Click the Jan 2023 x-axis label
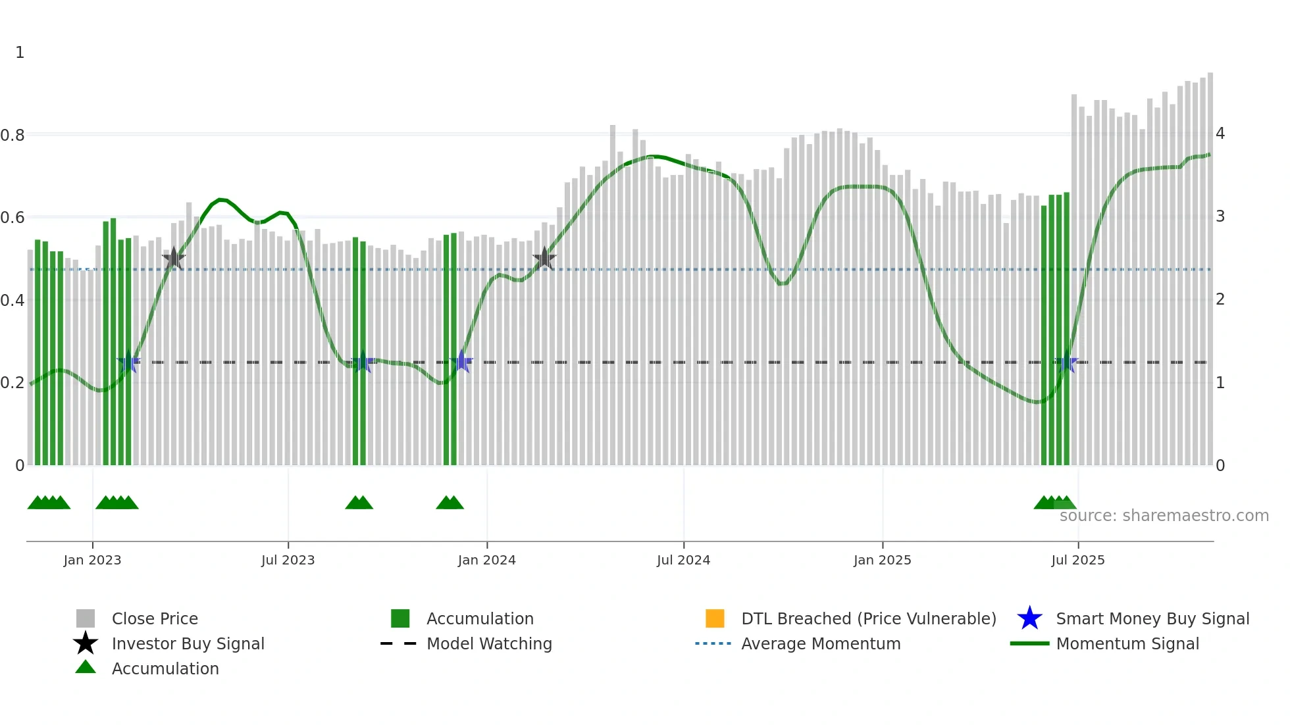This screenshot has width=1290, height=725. pyautogui.click(x=92, y=560)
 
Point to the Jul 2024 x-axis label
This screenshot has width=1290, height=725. pyautogui.click(x=683, y=560)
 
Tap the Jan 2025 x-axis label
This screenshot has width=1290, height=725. pyautogui.click(x=882, y=560)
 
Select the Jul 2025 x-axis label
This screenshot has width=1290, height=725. pyautogui.click(x=1077, y=560)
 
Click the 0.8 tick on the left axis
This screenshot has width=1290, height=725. pyautogui.click(x=13, y=136)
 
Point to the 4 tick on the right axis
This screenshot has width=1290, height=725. pyautogui.click(x=1220, y=134)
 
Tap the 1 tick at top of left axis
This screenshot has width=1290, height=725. pyautogui.click(x=20, y=53)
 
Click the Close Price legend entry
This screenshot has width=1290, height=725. pyautogui.click(x=155, y=618)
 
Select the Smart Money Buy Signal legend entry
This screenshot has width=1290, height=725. pyautogui.click(x=1152, y=618)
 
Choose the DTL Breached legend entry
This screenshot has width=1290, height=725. pyautogui.click(x=868, y=618)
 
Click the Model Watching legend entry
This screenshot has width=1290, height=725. pyautogui.click(x=489, y=643)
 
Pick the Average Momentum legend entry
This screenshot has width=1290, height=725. pyautogui.click(x=821, y=643)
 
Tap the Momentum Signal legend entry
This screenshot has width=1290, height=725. pyautogui.click(x=1127, y=643)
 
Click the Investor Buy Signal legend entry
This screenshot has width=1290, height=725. pyautogui.click(x=188, y=643)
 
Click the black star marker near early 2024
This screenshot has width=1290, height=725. pyautogui.click(x=544, y=259)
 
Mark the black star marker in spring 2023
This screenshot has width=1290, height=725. pyautogui.click(x=174, y=259)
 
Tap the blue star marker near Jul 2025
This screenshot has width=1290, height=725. pyautogui.click(x=1066, y=362)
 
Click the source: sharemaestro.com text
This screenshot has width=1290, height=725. pyautogui.click(x=1164, y=515)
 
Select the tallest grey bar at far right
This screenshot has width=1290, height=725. pyautogui.click(x=1210, y=263)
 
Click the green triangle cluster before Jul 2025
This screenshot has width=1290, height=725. pyautogui.click(x=1054, y=503)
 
